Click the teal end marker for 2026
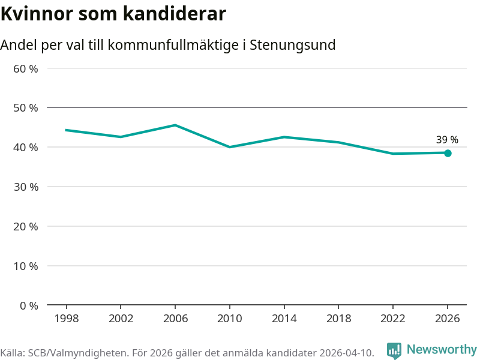(x=448, y=153)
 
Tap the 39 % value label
(x=447, y=140)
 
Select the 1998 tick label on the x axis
(x=67, y=319)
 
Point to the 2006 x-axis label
(x=175, y=319)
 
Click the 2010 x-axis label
(x=230, y=319)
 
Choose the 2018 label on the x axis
(x=338, y=319)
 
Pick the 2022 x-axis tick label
(x=393, y=319)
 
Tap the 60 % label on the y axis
(x=26, y=69)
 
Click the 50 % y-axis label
(x=26, y=108)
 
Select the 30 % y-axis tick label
(x=26, y=187)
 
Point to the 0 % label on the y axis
(x=29, y=305)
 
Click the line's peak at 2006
(x=175, y=125)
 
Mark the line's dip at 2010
(x=230, y=147)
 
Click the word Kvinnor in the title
(x=37, y=14)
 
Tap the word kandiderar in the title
(x=175, y=14)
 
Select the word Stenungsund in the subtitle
(x=293, y=45)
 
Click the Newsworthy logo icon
(x=394, y=350)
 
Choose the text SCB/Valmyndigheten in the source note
(x=77, y=353)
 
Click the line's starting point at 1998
(x=66, y=130)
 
